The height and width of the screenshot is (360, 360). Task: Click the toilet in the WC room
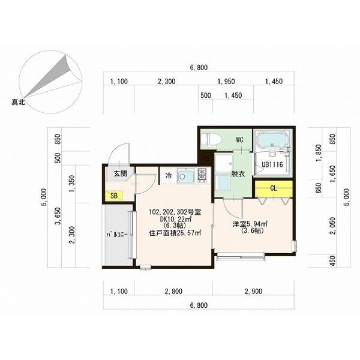[x=211, y=139]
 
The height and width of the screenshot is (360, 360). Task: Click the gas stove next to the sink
[x=202, y=176]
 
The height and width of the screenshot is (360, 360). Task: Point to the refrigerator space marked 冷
[x=169, y=176]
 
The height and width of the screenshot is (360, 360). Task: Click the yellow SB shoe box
[x=114, y=196]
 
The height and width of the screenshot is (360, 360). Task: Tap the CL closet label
[x=274, y=188]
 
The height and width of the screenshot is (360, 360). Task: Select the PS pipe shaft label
[x=206, y=158]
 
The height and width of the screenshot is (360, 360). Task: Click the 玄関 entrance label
[x=121, y=173]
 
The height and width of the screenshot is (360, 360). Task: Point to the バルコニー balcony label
[x=118, y=235]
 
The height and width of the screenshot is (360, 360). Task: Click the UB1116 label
[x=272, y=164]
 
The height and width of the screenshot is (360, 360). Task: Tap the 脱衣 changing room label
[x=238, y=174]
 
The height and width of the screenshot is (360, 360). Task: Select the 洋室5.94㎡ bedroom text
[x=251, y=224]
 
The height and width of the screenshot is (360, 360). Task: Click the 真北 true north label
[x=18, y=103]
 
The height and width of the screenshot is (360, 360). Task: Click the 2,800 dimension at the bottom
[x=173, y=292]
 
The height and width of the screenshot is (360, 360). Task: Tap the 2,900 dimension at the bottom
[x=253, y=292]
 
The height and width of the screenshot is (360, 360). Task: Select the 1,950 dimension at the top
[x=226, y=82]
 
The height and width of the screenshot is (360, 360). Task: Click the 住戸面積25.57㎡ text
[x=175, y=233]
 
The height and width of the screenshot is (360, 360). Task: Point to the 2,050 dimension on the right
[x=333, y=226]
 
